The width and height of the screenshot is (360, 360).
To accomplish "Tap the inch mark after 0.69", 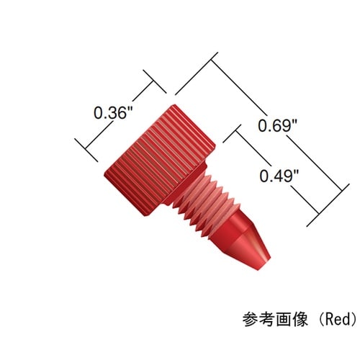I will pos(295,122).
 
